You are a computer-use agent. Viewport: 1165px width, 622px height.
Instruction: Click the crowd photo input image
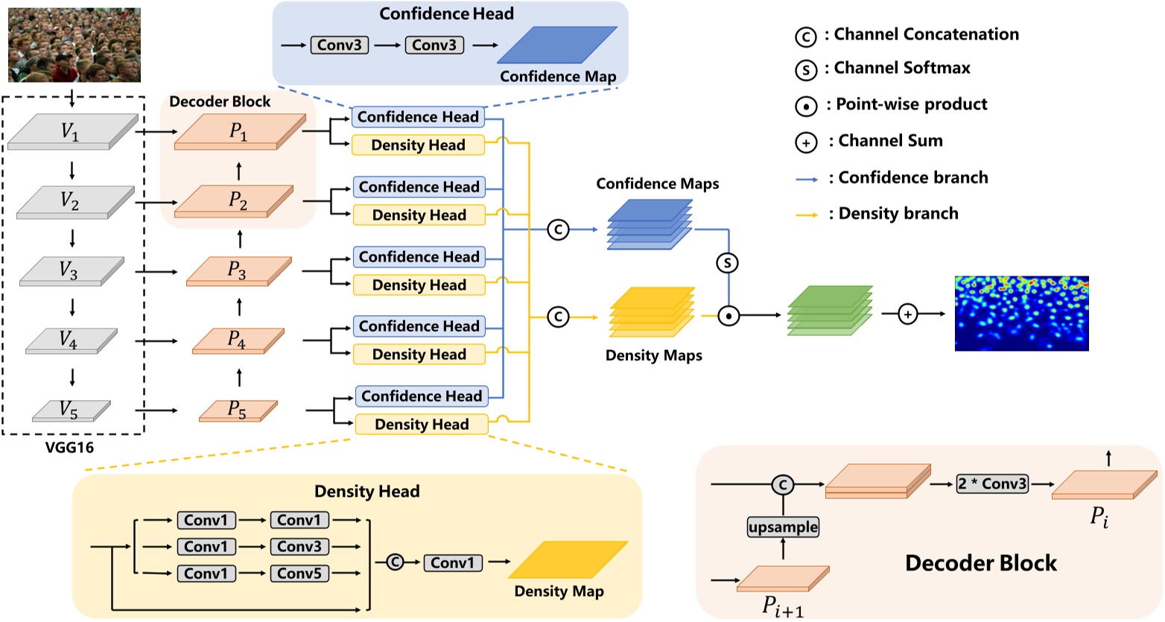[x=74, y=45]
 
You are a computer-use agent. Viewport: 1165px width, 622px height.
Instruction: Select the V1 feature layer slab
[x=72, y=133]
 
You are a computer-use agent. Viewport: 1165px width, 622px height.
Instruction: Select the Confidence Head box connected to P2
[x=419, y=187]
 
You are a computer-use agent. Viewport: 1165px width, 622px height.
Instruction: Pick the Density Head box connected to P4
[x=419, y=355]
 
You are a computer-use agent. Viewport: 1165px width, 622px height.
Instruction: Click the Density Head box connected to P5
[x=422, y=425]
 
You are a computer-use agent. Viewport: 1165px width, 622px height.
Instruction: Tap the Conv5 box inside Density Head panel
[x=299, y=574]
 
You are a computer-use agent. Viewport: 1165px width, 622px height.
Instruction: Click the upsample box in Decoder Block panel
[x=783, y=527]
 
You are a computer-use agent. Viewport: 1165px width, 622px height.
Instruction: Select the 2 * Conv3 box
[x=992, y=484]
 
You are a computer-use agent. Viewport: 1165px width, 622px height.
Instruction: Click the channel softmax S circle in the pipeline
[x=727, y=263]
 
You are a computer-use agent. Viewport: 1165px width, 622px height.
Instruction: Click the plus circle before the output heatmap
[x=907, y=315]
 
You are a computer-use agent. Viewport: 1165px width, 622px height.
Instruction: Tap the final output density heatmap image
[x=1021, y=314]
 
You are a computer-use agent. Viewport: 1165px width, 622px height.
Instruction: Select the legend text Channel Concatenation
[x=926, y=34]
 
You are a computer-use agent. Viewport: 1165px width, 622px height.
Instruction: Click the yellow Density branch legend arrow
[x=807, y=215]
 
